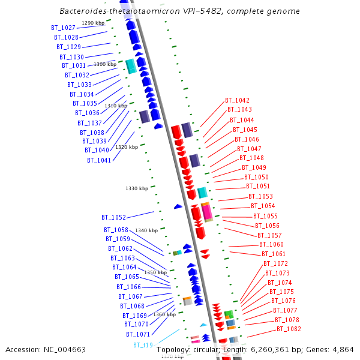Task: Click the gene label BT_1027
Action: (x=63, y=28)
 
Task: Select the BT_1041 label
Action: (x=98, y=160)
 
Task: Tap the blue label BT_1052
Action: (x=113, y=217)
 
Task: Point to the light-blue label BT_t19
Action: (x=143, y=346)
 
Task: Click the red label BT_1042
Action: (x=237, y=100)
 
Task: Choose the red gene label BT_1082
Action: (x=289, y=329)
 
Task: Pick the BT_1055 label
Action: (x=265, y=216)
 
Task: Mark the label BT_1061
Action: (x=274, y=254)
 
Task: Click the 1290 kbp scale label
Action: (x=93, y=23)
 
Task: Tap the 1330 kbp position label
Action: (x=137, y=188)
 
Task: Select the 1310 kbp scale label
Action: (x=116, y=106)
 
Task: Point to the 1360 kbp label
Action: (x=164, y=314)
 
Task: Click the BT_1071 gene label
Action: (x=137, y=334)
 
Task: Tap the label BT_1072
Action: (x=275, y=263)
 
